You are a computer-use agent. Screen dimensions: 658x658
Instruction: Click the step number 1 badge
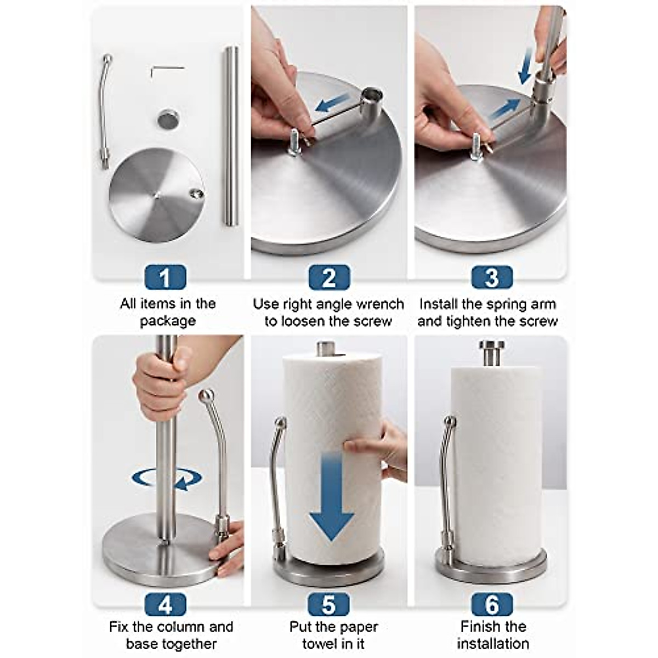pos(165,278)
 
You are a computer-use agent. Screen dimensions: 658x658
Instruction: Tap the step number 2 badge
pos(329,278)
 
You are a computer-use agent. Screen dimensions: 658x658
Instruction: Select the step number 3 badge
pos(492,278)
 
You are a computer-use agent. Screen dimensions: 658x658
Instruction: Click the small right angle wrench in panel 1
pos(164,70)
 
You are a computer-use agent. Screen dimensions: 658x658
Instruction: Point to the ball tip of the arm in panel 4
pos(206,396)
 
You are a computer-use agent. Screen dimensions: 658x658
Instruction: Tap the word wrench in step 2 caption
pos(379,304)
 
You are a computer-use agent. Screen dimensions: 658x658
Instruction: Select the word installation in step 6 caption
pos(492,643)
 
